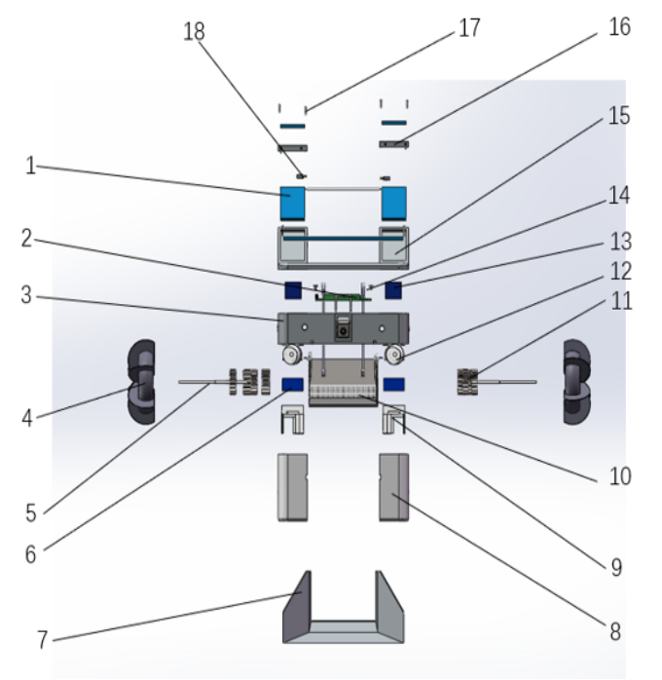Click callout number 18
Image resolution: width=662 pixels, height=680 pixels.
pyautogui.click(x=194, y=31)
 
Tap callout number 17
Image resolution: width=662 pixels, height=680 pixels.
pyautogui.click(x=469, y=27)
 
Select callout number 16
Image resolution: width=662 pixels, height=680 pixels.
pyautogui.click(x=619, y=26)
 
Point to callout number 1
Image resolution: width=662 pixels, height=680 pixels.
pyautogui.click(x=30, y=166)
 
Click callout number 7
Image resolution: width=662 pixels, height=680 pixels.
pyautogui.click(x=42, y=640)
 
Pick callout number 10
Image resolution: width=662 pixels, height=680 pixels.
pyautogui.click(x=619, y=476)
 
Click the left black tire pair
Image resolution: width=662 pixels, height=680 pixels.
pyautogui.click(x=141, y=381)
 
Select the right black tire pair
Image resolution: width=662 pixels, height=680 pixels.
pyautogui.click(x=577, y=381)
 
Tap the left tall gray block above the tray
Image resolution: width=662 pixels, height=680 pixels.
pyautogui.click(x=292, y=485)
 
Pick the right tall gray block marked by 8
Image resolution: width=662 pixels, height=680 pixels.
pyautogui.click(x=392, y=485)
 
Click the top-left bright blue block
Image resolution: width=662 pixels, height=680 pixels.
pyautogui.click(x=292, y=203)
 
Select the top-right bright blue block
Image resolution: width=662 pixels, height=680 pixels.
pyautogui.click(x=393, y=203)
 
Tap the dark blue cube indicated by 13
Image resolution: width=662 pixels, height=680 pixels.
pyautogui.click(x=394, y=289)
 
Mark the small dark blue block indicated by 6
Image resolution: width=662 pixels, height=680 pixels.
pyautogui.click(x=290, y=384)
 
